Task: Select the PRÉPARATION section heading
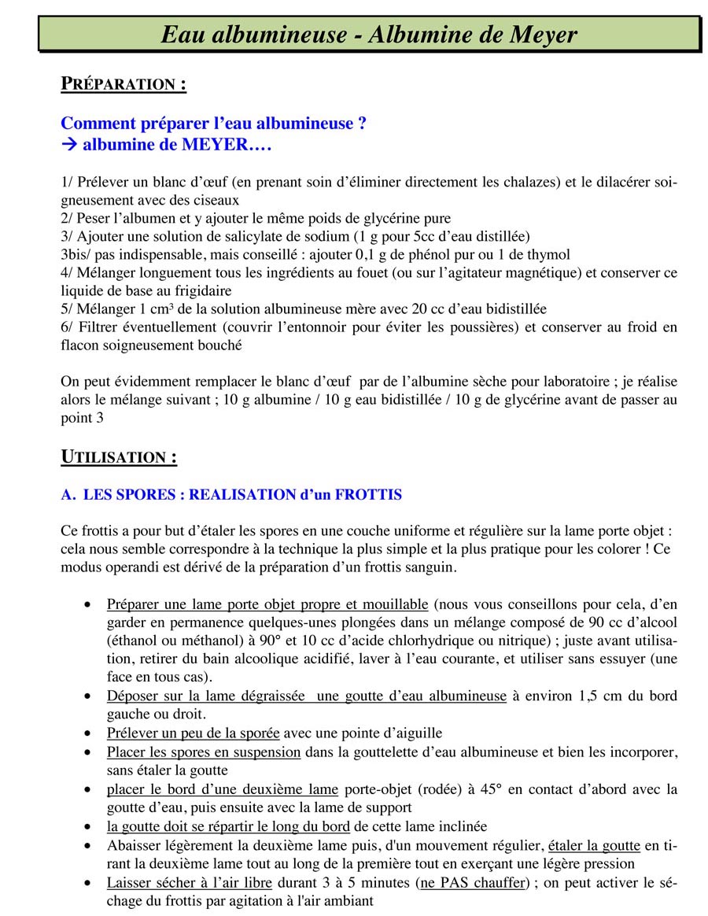click(x=124, y=83)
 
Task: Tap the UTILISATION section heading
click(x=119, y=456)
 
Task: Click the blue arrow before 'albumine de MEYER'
click(x=68, y=145)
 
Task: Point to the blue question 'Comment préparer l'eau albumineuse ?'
click(x=213, y=124)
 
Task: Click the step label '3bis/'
click(x=76, y=254)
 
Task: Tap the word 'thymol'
click(x=551, y=254)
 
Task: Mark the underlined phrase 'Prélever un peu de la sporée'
click(x=193, y=733)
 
